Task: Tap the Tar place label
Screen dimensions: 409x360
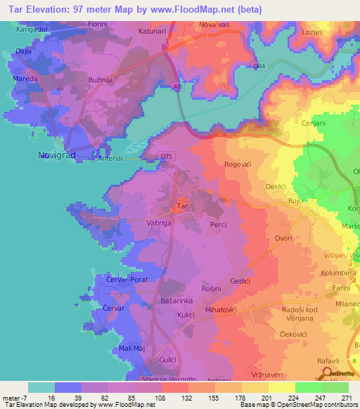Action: [x=181, y=207]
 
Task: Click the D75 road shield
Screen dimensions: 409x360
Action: [x=166, y=156]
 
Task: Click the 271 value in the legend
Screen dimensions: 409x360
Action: [x=345, y=397]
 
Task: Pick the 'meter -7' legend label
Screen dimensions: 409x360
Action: [x=14, y=397]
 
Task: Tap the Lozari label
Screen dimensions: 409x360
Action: [x=311, y=32]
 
